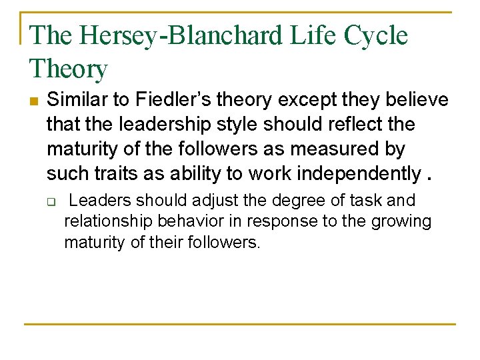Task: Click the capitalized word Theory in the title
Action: [x=68, y=69]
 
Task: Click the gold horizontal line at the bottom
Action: [x=240, y=324]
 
